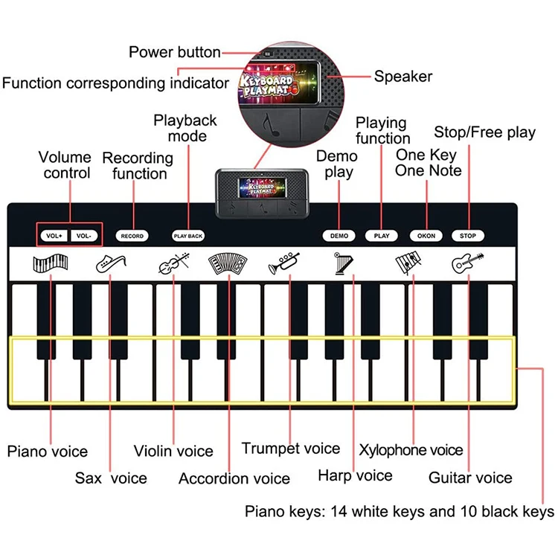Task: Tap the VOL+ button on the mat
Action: coord(54,236)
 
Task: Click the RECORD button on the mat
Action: coord(132,236)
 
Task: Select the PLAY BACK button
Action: coord(187,236)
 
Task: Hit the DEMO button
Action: coord(339,236)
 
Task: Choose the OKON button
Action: coord(426,236)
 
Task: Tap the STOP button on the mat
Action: coord(467,236)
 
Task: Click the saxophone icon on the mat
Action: coord(111,263)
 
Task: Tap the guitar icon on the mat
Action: coord(467,263)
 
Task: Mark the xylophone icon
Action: coord(409,263)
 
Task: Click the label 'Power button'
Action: coord(175,52)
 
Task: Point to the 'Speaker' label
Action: coord(403,76)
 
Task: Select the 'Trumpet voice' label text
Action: coord(290,449)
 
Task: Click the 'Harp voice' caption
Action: coord(355,475)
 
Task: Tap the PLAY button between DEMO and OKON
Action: coord(382,236)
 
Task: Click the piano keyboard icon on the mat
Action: coord(51,263)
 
